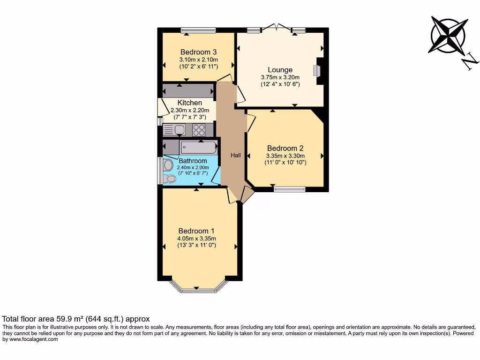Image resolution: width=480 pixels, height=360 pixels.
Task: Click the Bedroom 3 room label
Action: click(198, 52)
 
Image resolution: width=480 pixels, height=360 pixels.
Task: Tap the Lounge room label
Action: click(280, 70)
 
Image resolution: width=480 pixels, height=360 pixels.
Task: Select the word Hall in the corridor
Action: click(236, 155)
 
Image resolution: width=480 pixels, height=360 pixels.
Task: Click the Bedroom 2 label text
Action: click(285, 148)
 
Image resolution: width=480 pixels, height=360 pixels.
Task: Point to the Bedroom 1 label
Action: click(196, 231)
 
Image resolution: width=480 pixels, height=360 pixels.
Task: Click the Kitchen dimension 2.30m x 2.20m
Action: click(190, 110)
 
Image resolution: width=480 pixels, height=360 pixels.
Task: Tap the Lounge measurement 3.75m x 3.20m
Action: click(280, 77)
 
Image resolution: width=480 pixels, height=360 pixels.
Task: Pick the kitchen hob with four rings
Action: click(199, 130)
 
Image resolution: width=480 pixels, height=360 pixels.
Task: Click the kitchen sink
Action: click(179, 130)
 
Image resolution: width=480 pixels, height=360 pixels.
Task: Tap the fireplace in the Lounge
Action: click(318, 71)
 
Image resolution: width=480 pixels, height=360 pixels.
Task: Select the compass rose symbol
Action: click(449, 36)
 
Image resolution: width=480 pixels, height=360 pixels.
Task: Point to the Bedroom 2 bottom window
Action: click(289, 189)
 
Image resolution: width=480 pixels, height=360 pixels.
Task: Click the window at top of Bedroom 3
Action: click(198, 30)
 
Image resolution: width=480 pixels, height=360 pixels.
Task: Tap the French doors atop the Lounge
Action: click(276, 28)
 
